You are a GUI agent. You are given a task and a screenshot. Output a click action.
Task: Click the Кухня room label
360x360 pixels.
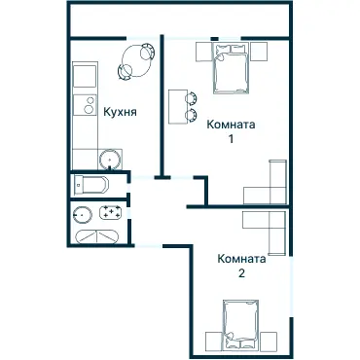[120, 112]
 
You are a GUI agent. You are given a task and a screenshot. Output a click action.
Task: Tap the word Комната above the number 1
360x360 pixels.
[231, 125]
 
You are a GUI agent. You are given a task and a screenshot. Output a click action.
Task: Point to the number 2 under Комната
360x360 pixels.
[241, 273]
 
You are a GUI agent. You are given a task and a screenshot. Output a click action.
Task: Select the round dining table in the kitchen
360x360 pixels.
[136, 60]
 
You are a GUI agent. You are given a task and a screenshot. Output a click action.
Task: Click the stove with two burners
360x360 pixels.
[85, 105]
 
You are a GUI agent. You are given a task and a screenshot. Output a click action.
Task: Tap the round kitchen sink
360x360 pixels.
[110, 160]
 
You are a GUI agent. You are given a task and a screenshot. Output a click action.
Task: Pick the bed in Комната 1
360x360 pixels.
[231, 68]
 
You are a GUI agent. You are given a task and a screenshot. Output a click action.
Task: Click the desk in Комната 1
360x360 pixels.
[178, 106]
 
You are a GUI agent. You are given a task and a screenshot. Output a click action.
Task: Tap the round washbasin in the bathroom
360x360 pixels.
[83, 215]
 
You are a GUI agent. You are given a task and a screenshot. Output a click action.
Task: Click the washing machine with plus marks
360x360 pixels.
[111, 212]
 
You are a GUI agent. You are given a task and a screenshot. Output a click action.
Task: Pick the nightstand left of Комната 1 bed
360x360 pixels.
[203, 52]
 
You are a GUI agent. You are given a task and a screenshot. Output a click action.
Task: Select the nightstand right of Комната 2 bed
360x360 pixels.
[269, 342]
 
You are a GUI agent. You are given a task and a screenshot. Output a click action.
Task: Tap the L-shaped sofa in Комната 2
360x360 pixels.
[277, 221]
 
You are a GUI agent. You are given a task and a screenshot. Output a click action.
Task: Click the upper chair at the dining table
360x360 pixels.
[147, 52]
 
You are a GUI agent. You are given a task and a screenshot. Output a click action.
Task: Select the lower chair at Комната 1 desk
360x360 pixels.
[192, 115]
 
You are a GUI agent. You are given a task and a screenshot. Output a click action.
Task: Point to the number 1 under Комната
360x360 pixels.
[231, 139]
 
